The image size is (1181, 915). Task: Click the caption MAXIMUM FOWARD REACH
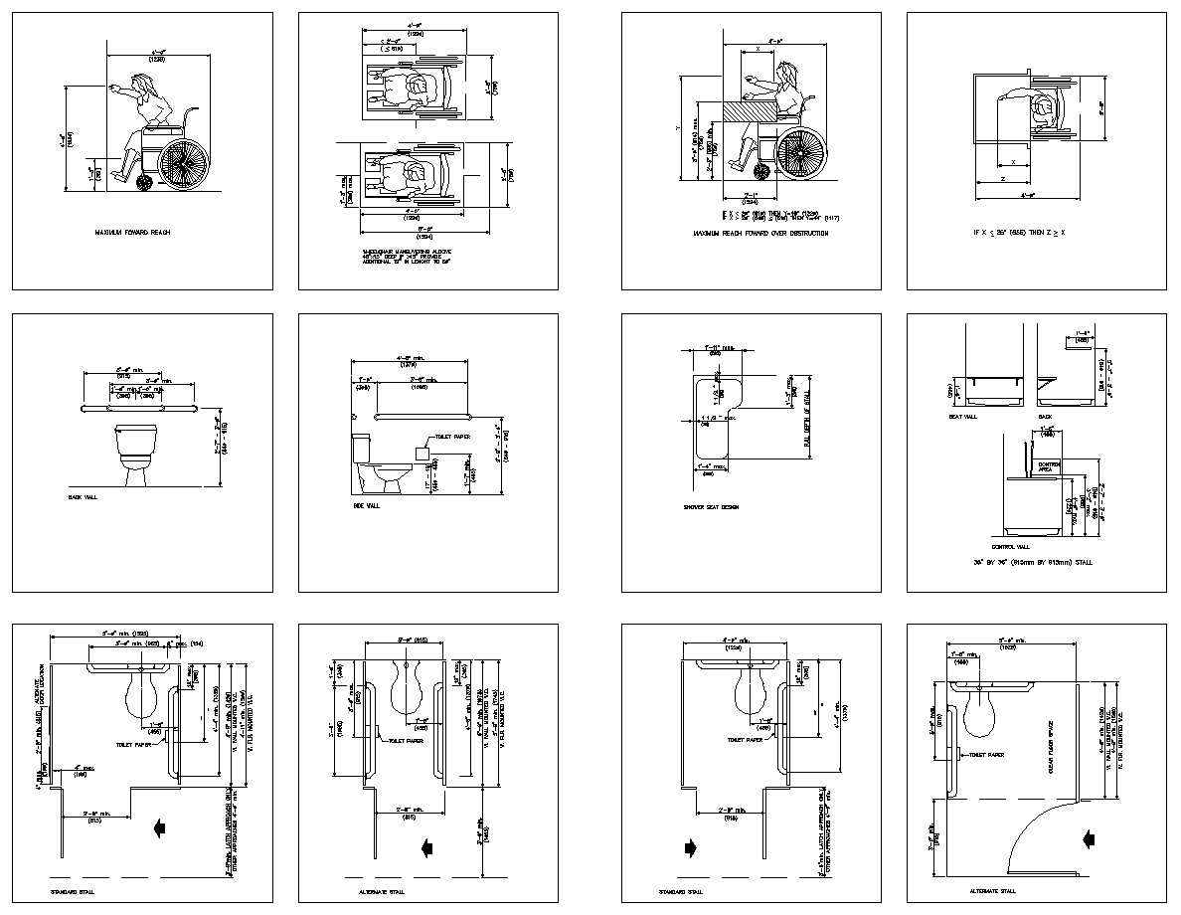(132, 233)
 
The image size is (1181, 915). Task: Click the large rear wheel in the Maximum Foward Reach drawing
(183, 160)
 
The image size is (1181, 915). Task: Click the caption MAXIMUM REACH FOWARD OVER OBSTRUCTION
(760, 234)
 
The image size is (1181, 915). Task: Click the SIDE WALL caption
(366, 505)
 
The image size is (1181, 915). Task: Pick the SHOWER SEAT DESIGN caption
(711, 507)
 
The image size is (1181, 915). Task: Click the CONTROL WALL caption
(1009, 546)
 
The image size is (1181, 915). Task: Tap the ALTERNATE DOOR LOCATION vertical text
(40, 688)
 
